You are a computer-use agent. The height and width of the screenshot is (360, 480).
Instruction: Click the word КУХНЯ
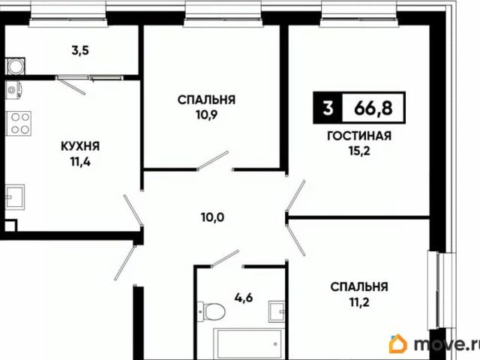pos(80,146)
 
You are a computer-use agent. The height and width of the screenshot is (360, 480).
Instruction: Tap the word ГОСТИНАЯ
pos(359,137)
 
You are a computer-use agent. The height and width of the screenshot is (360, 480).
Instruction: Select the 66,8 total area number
pos(373,108)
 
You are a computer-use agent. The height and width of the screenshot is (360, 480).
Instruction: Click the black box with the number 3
pos(327,108)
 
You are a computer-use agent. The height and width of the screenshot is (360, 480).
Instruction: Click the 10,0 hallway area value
pos(212,219)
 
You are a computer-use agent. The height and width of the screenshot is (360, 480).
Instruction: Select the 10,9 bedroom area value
pos(207,115)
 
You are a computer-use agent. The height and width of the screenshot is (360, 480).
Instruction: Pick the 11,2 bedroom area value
pos(359,302)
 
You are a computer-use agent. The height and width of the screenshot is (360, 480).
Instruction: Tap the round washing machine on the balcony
pos(14,67)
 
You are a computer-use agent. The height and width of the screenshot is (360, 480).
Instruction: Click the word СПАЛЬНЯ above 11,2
pos(359,286)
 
